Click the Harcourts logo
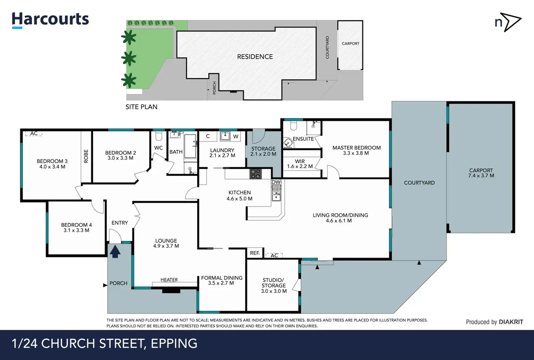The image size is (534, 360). [x=50, y=20]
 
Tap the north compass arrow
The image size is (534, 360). [x=512, y=22]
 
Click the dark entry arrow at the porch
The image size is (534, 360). [x=115, y=252]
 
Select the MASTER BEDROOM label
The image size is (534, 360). [x=356, y=148]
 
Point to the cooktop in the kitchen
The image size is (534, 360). [x=255, y=174]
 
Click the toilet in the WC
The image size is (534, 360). [x=159, y=136]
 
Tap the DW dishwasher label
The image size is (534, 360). [x=276, y=182]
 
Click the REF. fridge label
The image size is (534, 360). [x=255, y=253]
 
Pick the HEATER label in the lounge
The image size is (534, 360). [x=169, y=280]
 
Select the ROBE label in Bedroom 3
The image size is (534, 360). [x=86, y=156]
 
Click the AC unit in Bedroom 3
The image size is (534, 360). [x=34, y=134]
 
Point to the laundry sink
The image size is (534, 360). [x=225, y=136]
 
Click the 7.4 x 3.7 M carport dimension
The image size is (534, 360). [x=481, y=176]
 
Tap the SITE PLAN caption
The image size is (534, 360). [x=141, y=107]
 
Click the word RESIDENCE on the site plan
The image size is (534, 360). [x=255, y=57]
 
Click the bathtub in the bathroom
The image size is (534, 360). [x=190, y=146]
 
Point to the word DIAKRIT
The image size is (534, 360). [x=511, y=322]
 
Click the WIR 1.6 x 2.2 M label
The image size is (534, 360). [x=300, y=164]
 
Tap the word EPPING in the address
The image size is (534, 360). [x=174, y=344]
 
